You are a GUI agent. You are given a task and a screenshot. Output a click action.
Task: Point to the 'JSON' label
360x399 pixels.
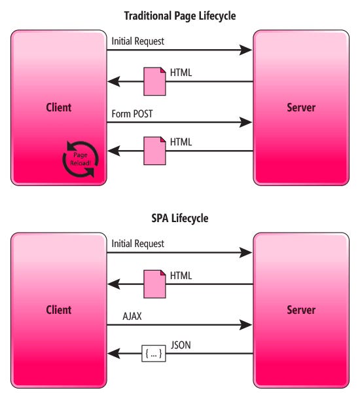click(181, 345)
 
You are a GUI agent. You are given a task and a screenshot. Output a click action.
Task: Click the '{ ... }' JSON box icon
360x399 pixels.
click(153, 354)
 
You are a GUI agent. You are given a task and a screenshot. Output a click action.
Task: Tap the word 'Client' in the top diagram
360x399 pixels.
click(58, 107)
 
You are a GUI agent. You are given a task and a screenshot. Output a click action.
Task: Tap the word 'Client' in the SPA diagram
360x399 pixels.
click(58, 310)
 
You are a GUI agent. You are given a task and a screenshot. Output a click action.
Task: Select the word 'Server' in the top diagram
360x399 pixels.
click(301, 107)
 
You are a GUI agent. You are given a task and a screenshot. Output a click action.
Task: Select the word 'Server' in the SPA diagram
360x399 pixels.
click(301, 310)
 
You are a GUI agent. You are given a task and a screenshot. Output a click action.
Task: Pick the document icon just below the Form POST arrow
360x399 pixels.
click(155, 150)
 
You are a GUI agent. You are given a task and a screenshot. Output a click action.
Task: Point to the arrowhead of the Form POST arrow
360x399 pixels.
click(246, 122)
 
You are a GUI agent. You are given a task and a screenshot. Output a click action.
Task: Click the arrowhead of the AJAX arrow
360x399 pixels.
click(246, 324)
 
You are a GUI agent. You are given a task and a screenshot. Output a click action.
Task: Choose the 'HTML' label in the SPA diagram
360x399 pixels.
click(181, 276)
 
